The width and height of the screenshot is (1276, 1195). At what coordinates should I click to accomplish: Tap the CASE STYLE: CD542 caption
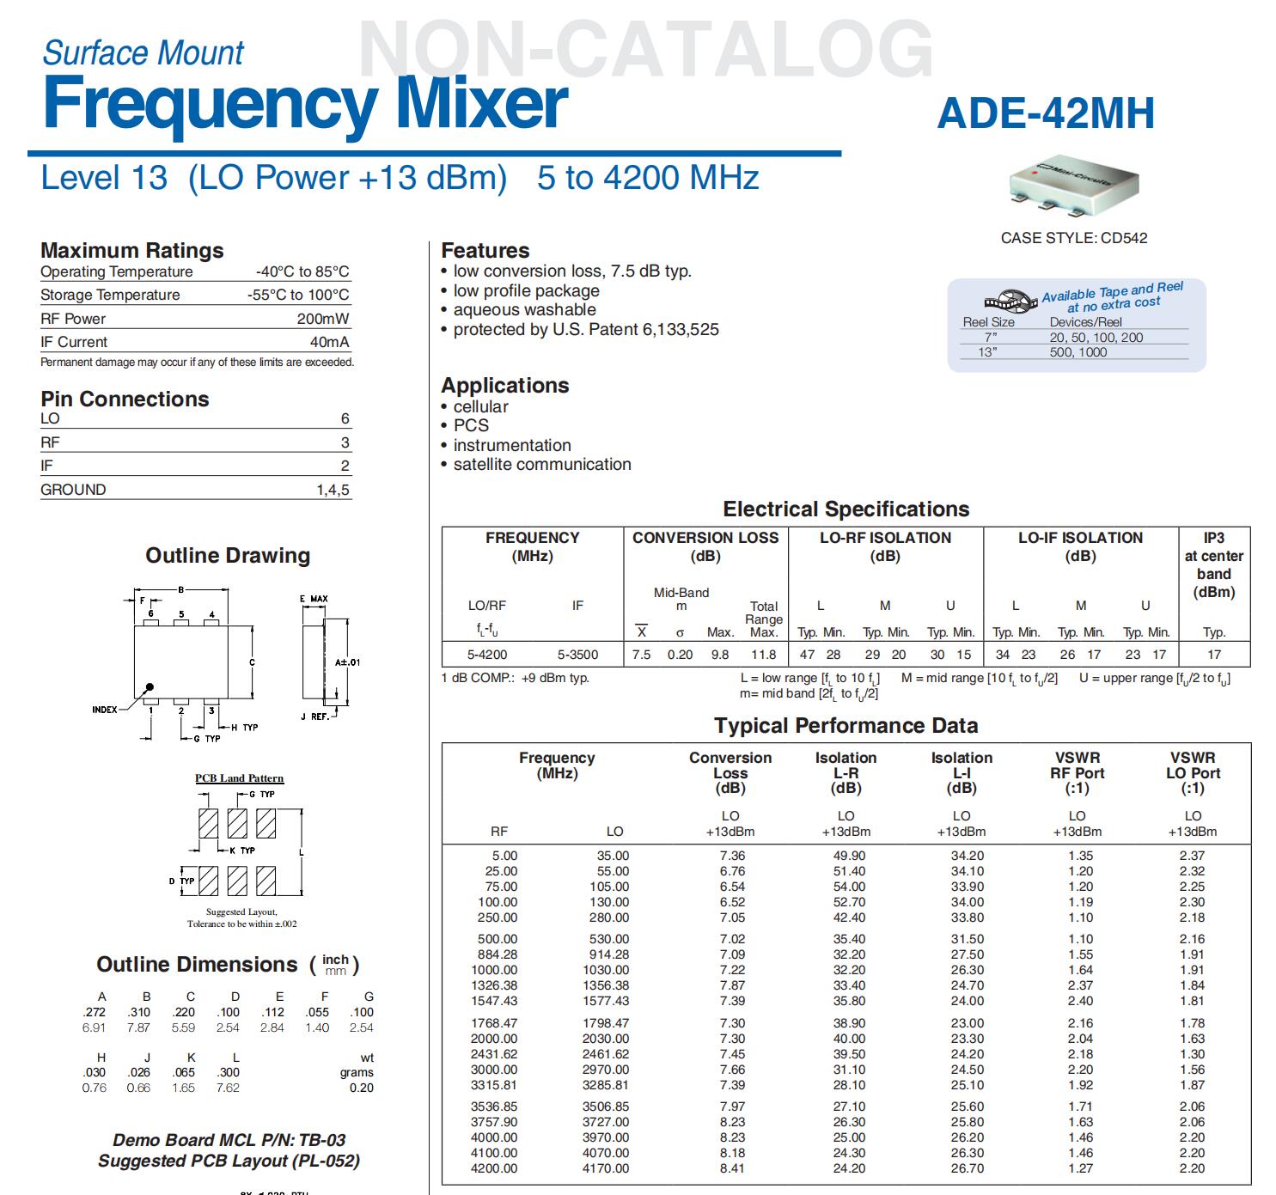click(1074, 238)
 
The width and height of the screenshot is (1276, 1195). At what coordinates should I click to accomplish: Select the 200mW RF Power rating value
click(323, 319)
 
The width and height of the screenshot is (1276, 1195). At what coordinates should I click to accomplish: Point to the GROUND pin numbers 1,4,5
click(333, 490)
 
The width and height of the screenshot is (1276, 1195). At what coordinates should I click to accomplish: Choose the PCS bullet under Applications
click(471, 426)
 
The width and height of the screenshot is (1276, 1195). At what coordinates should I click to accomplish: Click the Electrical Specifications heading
click(846, 509)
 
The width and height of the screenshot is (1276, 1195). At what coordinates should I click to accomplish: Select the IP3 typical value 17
click(1214, 655)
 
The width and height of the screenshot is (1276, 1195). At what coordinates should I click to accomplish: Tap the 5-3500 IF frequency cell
click(577, 655)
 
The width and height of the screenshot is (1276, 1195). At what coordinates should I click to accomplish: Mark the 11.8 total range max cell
click(764, 655)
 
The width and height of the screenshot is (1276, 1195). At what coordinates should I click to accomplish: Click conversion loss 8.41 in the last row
click(732, 1168)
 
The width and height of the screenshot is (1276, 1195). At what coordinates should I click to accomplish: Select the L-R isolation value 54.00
click(849, 887)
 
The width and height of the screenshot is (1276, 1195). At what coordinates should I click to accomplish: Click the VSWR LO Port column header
click(1193, 772)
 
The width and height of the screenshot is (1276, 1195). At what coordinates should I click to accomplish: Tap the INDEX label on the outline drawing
click(105, 710)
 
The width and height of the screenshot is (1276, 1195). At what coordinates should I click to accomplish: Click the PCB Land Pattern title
click(239, 778)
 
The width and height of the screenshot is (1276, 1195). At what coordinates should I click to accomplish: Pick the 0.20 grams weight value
click(361, 1088)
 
